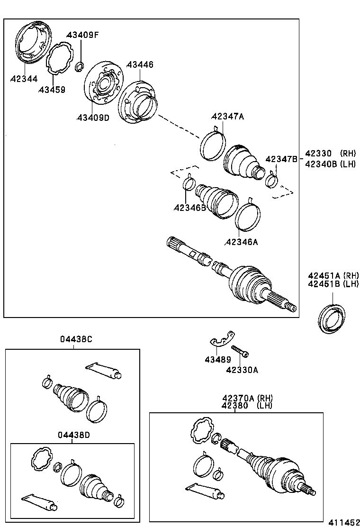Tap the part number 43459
(52, 90)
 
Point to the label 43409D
(93, 118)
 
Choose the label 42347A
(227, 117)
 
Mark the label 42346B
(189, 207)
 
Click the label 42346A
(241, 242)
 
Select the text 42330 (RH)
(330, 154)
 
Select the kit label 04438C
(76, 339)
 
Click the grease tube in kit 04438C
(104, 370)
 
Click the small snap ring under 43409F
(80, 66)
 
